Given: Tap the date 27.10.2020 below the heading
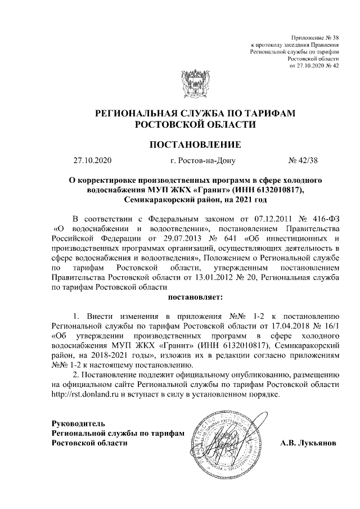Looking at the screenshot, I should tap(93, 161).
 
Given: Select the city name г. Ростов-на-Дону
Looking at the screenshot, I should tap(195, 161).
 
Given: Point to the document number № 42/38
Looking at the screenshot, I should tap(303, 161).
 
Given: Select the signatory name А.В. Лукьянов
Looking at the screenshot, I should tap(309, 443).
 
